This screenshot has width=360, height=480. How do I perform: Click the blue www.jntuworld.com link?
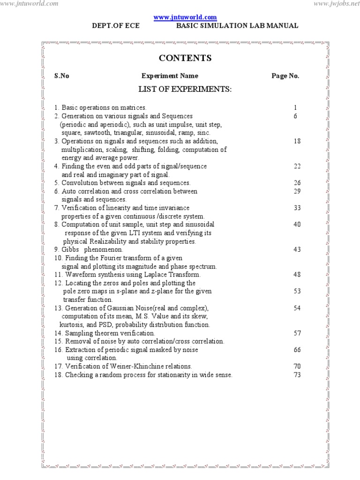tap(186, 17)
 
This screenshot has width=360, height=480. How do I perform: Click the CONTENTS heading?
tap(185, 58)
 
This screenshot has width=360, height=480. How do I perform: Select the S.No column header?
tap(61, 76)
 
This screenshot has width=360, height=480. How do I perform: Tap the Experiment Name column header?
tap(170, 76)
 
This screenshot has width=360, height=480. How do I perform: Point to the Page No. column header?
tap(285, 76)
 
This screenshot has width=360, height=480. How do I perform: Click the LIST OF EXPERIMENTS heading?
tap(185, 89)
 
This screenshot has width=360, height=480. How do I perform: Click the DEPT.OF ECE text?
tap(116, 26)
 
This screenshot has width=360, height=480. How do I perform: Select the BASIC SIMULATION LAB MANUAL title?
tap(237, 26)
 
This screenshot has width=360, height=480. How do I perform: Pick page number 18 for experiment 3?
tap(297, 141)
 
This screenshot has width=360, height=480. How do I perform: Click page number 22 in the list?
tap(297, 166)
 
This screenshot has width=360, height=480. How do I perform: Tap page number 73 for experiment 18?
tap(297, 375)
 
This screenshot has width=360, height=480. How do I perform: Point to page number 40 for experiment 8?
tap(297, 225)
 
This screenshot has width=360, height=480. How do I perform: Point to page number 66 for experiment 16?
tap(297, 350)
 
